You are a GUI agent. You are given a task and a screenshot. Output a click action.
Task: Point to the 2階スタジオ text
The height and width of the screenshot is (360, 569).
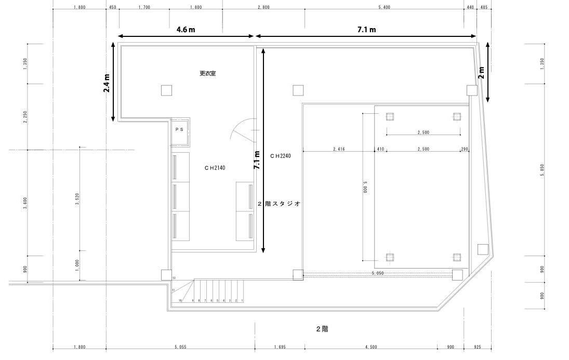(280, 204)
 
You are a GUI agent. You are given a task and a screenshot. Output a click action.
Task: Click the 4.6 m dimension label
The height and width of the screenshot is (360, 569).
(186, 30)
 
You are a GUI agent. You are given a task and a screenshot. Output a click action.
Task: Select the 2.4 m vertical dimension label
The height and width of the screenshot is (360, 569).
(106, 83)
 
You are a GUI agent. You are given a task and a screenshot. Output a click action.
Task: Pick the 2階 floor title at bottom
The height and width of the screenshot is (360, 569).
(322, 329)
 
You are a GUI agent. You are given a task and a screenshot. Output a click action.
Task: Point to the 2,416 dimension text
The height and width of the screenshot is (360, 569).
(339, 149)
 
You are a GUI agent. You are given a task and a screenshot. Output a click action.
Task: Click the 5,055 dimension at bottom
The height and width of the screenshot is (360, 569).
(180, 347)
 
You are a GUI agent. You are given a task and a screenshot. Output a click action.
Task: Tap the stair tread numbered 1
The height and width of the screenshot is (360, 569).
(242, 301)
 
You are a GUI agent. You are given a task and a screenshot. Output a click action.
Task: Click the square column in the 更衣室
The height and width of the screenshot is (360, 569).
(166, 90)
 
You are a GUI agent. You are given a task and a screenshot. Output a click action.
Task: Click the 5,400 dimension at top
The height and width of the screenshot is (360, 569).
(385, 7)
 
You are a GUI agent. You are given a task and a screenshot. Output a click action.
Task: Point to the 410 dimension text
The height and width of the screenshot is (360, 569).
(380, 149)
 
